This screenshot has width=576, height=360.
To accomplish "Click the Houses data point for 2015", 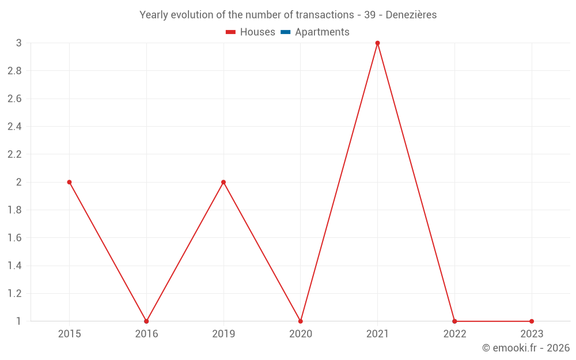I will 69,182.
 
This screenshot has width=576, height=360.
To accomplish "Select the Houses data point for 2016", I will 146,321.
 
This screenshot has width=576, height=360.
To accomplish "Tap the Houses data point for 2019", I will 223,182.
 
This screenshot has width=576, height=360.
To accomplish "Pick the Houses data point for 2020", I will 301,321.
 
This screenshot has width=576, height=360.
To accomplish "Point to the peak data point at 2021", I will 377,43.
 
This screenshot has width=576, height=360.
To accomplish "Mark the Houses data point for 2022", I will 454,321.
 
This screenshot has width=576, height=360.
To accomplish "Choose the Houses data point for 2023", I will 532,321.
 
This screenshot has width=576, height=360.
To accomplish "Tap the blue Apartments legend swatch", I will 285,32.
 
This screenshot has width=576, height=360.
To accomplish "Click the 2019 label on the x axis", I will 223,334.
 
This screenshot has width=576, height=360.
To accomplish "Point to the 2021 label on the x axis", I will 377,334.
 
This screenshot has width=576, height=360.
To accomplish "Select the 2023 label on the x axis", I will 532,334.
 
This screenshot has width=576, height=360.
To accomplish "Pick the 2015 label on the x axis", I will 69,334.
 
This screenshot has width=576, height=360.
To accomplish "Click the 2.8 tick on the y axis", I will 14,71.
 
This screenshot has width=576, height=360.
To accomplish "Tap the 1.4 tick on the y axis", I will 14,266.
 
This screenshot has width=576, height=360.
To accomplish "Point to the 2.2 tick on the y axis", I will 14,154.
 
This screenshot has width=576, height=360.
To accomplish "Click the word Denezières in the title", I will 411,15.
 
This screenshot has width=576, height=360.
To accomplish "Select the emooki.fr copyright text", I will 526,348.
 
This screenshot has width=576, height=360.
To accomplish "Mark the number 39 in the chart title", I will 370,15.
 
